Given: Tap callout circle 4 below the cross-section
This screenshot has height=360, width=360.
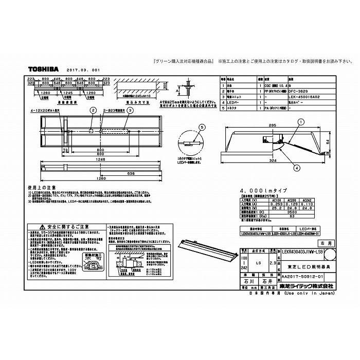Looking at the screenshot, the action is point(297,168).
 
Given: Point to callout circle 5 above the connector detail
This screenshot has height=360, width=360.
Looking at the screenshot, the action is point(202,127).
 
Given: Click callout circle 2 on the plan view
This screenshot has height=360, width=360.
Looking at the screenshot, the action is point(93,110).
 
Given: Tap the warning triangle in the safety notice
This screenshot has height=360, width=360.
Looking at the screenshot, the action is point(41,226).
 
